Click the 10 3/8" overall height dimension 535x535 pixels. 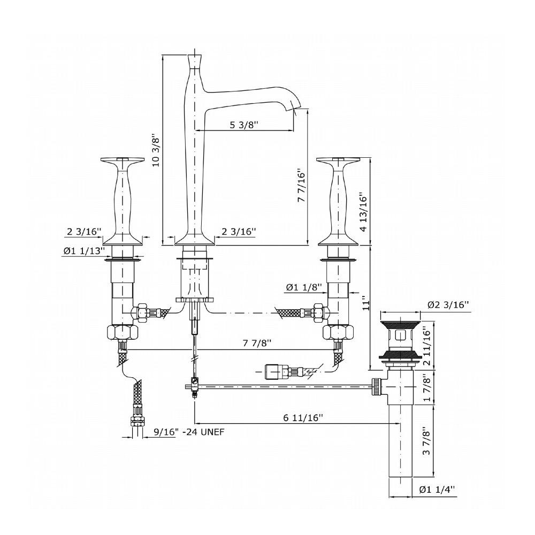[156, 150]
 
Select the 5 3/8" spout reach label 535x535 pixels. [244, 125]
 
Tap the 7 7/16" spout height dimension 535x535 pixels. [301, 186]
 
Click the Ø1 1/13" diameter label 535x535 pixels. [84, 251]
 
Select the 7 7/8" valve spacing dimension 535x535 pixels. [257, 343]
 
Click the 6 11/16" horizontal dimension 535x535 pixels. [303, 417]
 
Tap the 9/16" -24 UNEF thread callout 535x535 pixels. [189, 432]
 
